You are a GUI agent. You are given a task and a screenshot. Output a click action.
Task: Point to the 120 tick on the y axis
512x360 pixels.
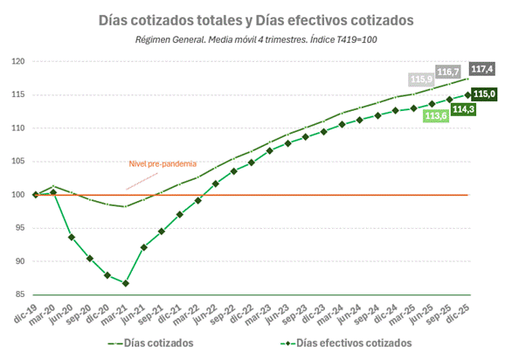(x=17, y=62)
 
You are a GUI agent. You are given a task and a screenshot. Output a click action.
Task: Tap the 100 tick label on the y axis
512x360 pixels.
(x=17, y=195)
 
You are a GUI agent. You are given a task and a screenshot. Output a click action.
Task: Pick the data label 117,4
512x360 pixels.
(x=482, y=68)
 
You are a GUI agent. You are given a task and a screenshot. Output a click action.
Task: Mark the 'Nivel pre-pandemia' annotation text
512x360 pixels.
(x=163, y=163)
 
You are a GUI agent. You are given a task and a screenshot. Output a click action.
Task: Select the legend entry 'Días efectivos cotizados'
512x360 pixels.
(x=332, y=343)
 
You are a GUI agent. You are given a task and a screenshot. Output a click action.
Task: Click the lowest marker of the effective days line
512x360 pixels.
(x=126, y=283)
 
